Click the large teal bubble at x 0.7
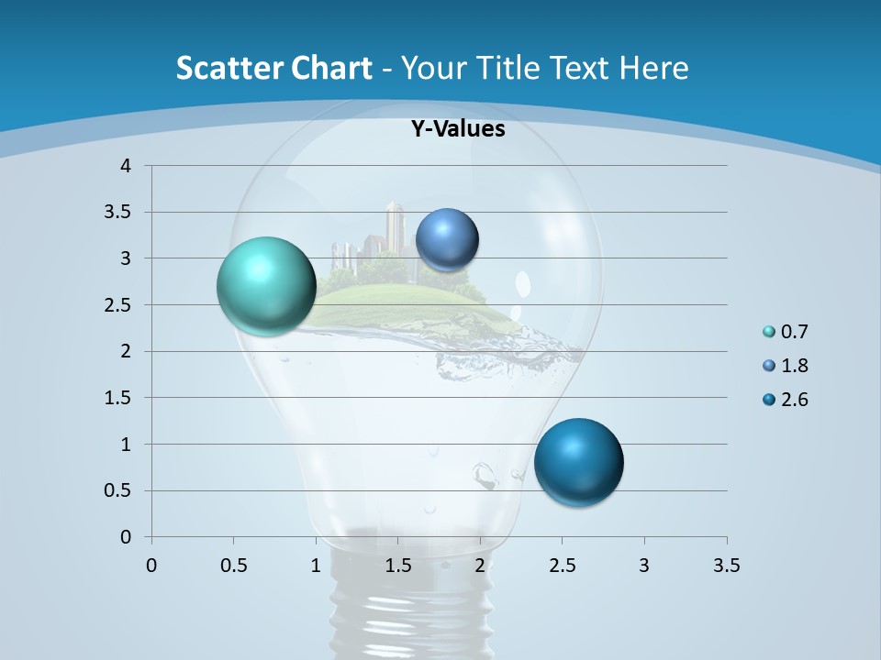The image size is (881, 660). pos(266,286)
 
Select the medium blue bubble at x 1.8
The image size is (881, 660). pos(447,240)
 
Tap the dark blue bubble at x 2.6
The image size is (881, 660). pos(578,462)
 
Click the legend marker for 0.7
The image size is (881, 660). pos(769,332)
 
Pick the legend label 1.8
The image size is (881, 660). pos(794,366)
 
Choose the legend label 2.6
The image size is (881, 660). pos(794,400)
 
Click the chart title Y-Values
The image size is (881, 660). pos(457,129)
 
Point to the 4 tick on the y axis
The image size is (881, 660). pos(126,166)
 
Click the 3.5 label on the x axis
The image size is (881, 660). pos(726,566)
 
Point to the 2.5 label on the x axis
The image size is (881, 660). pos(562,566)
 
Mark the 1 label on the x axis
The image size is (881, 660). pos(316,566)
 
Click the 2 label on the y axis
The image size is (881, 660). pos(126,351)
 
